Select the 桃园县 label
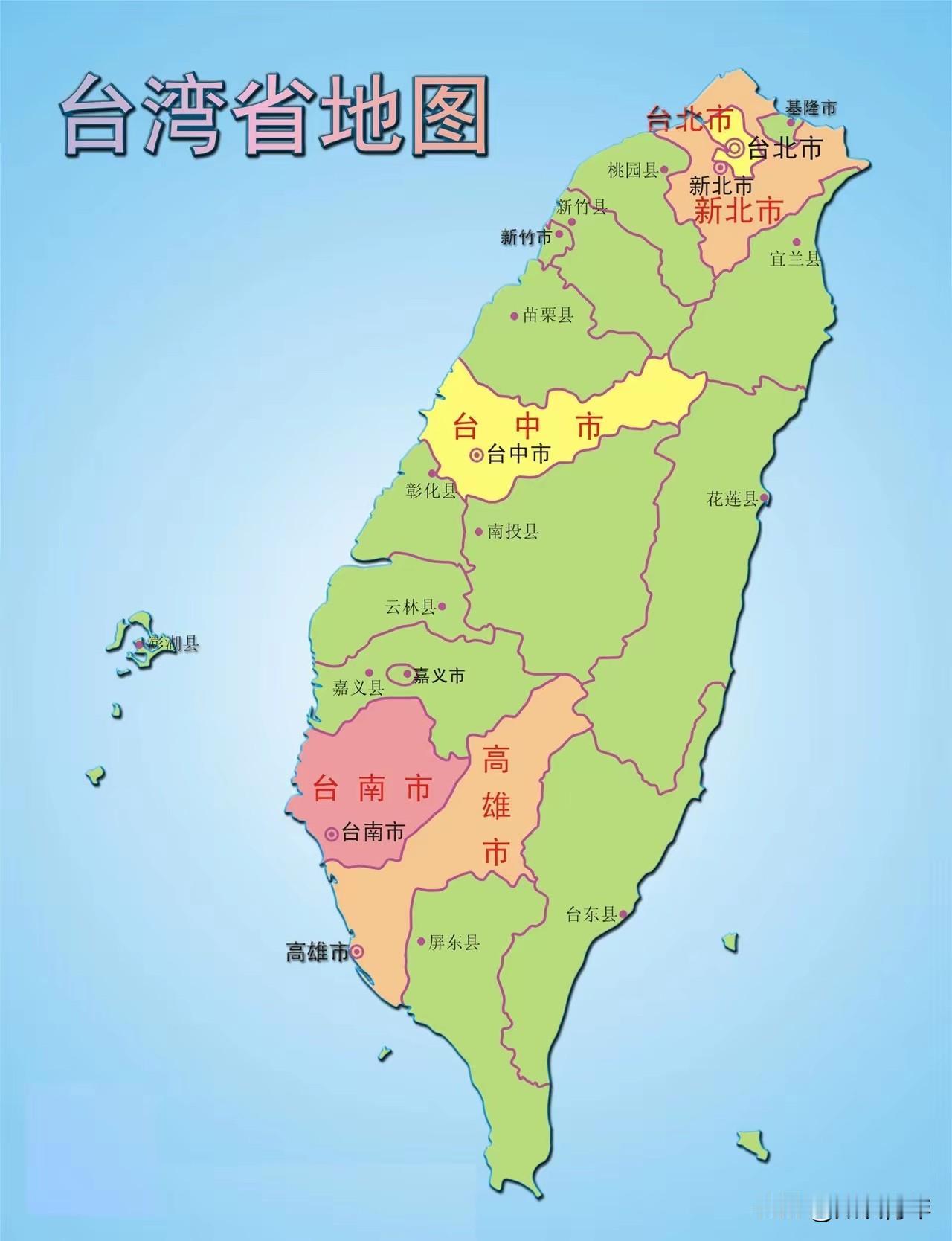pos(633,170)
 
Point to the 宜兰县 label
pos(794,258)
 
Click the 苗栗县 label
pos(548,315)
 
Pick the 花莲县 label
pos(732,498)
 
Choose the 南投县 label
pos(513,531)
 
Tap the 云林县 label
pos(410,606)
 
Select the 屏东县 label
pos(454,943)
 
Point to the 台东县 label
pos(592,914)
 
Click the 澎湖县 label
pos(173,644)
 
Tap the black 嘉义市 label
pos(439,675)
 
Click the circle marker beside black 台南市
pos(332,833)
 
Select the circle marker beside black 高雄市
pos(357,951)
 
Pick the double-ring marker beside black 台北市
pos(736,148)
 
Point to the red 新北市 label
pos(738,212)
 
